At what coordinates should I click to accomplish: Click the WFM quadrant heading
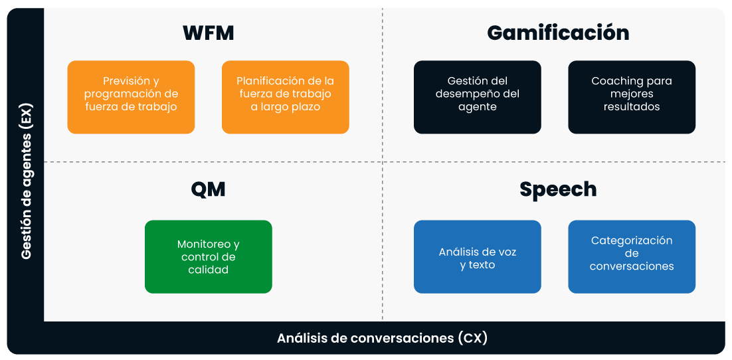point(209,33)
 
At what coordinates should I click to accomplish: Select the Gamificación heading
point(558,33)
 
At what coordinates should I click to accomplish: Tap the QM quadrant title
point(209,189)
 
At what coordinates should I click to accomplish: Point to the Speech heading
point(558,189)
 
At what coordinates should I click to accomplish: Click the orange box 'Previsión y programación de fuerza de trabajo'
point(131,97)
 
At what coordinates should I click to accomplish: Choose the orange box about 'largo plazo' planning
point(285,97)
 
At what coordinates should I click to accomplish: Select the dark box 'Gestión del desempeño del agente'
point(477,97)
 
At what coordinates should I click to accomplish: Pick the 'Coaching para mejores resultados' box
point(632,97)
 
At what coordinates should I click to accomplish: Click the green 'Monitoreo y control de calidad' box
point(208,256)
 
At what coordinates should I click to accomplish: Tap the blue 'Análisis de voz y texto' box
point(477,256)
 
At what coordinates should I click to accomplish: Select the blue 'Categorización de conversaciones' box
point(632,256)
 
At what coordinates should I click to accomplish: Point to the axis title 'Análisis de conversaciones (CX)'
point(382,338)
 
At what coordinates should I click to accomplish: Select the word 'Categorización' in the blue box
point(632,240)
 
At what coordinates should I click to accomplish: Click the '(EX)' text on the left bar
point(27,117)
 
